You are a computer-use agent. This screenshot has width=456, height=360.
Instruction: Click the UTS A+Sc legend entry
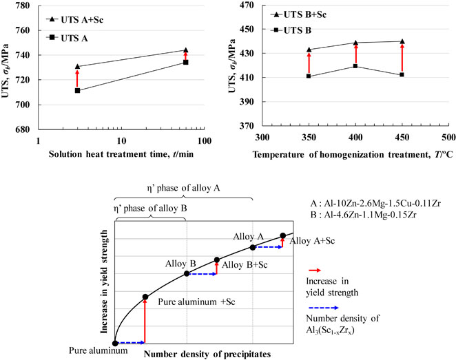pos(75,20)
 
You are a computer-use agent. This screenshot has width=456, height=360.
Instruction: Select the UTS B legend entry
pos(291,30)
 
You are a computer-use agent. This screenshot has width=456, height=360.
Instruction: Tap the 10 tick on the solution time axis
pos(121,141)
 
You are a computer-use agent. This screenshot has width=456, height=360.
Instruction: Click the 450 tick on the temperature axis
pos(402,138)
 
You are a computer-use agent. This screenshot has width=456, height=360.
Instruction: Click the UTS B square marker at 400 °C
pos(355,66)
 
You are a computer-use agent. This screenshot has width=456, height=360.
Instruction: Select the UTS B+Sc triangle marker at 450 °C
pos(402,41)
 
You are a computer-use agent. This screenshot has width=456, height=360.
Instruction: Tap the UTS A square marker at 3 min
pos(77,91)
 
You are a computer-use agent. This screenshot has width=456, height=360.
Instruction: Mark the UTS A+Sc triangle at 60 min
pos(186,50)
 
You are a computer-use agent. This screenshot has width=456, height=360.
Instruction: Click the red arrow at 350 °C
pos(309,63)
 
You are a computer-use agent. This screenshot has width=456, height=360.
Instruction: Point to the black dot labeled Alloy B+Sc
pos(217,260)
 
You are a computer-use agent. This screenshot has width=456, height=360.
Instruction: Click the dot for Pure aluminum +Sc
pos(145,297)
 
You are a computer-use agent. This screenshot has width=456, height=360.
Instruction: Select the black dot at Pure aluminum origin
pos(115,343)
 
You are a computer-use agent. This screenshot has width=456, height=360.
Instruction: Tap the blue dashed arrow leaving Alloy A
pos(267,247)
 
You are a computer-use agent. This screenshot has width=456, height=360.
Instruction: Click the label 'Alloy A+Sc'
pos(312,241)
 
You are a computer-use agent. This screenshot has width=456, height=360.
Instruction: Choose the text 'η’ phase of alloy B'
pos(150,209)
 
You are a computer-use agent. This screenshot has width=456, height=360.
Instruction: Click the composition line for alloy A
pos(375,203)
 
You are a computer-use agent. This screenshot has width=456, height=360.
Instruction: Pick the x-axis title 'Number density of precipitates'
pos(207,354)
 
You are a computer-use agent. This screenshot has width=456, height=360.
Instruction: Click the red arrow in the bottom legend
pos(314,271)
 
